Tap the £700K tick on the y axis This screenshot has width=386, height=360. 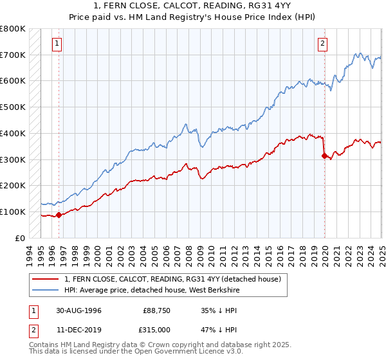pyautogui.click(x=13, y=55)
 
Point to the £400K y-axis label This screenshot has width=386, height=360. pyautogui.click(x=13, y=133)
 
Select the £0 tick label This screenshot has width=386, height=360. pyautogui.click(x=20, y=238)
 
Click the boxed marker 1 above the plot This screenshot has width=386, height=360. pyautogui.click(x=58, y=44)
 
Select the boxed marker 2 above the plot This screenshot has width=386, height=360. pyautogui.click(x=322, y=44)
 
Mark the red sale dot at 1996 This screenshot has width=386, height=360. pyautogui.click(x=59, y=215)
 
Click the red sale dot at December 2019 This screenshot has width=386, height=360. pyautogui.click(x=324, y=155)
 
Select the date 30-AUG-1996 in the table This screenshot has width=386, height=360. pyautogui.click(x=78, y=310)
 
